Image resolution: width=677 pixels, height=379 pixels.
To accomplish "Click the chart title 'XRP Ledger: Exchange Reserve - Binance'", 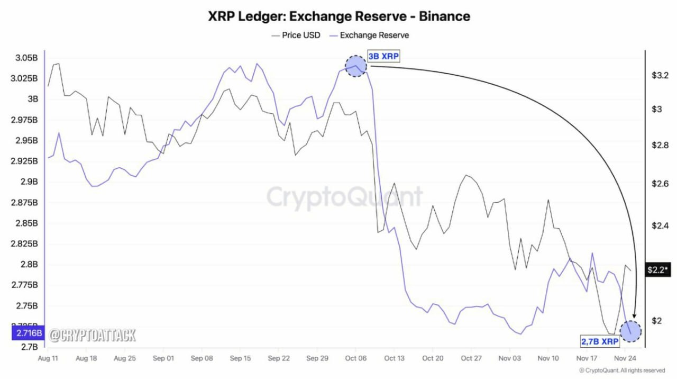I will point(339,16).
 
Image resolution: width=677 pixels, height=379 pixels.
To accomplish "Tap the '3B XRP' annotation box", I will point(384,57).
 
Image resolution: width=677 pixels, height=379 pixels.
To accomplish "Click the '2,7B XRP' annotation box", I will point(600,342).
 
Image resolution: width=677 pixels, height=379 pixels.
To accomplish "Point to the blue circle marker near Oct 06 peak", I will point(355,66).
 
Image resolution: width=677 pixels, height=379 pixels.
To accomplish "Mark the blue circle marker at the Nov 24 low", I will point(630,331).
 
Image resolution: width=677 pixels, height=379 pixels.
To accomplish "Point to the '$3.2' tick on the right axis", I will point(661,76).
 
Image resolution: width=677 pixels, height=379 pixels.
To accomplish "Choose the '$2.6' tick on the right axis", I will point(661,184).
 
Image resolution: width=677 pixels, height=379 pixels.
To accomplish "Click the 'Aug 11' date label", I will point(48,358).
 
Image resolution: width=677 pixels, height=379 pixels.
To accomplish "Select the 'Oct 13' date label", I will point(394,358).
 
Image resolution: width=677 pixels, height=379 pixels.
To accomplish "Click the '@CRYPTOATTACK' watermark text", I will point(93,335).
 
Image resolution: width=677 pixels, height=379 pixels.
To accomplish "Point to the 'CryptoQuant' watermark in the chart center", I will point(344,197).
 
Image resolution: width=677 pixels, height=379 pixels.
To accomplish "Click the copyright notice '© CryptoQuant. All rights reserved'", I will point(622,371).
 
